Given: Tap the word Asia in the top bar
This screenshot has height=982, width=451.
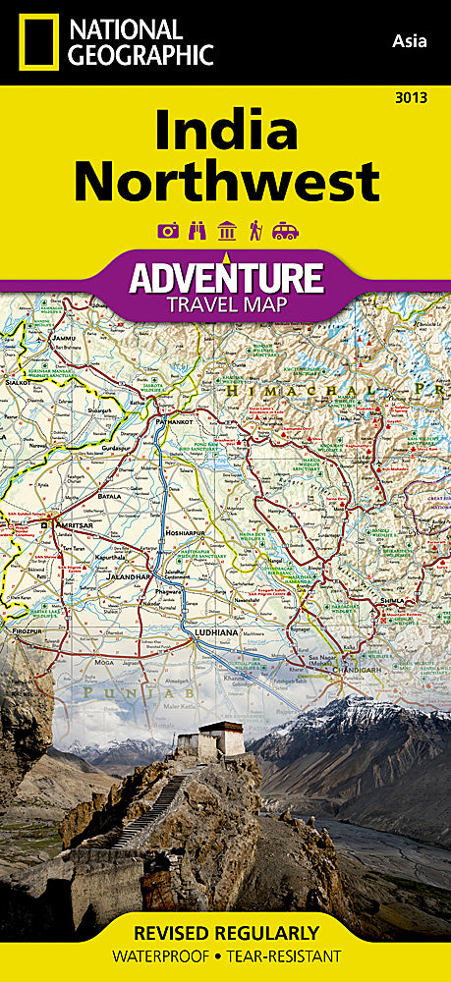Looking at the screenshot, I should click(x=408, y=40).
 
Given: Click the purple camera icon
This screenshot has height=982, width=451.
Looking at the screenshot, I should click(x=167, y=231).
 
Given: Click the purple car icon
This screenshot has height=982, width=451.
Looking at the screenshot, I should click(x=285, y=231).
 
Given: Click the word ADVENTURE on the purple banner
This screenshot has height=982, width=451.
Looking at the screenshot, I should click(x=226, y=278).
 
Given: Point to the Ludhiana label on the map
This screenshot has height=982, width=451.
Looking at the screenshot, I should click(x=216, y=632).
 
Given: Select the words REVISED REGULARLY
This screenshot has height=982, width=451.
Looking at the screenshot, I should click(x=226, y=932).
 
